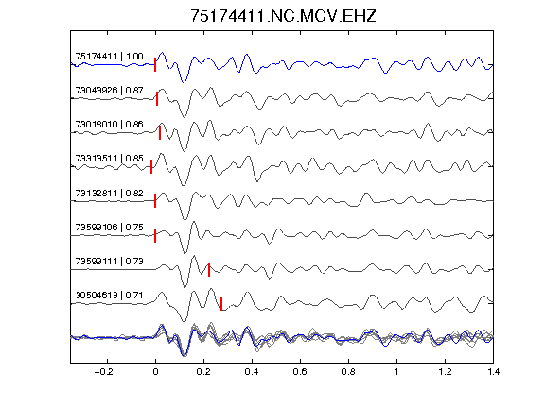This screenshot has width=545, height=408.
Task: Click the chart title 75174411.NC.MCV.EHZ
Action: click(283, 16)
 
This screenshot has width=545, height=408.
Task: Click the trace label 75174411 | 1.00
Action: click(109, 57)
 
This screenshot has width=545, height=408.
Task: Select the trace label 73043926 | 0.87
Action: click(109, 91)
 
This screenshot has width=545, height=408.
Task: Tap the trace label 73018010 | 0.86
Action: click(109, 125)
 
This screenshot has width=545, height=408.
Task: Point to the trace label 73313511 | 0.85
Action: click(109, 159)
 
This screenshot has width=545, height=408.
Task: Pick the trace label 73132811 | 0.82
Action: click(109, 193)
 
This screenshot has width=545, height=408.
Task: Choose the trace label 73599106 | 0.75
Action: click(109, 227)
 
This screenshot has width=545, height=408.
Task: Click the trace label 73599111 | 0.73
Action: click(109, 261)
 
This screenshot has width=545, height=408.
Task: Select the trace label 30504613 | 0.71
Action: click(109, 296)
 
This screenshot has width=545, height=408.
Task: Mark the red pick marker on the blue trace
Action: click(155, 65)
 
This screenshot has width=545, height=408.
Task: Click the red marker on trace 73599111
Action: click(209, 269)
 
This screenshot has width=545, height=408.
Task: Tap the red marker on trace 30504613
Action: click(221, 303)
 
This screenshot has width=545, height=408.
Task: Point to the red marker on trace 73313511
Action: click(151, 166)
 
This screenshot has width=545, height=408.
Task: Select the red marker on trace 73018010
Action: click(160, 132)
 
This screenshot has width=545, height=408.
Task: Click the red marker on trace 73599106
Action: click(155, 235)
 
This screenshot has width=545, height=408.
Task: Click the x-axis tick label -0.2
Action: click(103, 372)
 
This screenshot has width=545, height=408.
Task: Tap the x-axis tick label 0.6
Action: click(300, 372)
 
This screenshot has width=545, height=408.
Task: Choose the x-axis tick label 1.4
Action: click(493, 372)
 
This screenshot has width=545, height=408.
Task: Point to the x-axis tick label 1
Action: click(396, 372)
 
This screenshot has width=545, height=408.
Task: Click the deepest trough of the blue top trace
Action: click(184, 82)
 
